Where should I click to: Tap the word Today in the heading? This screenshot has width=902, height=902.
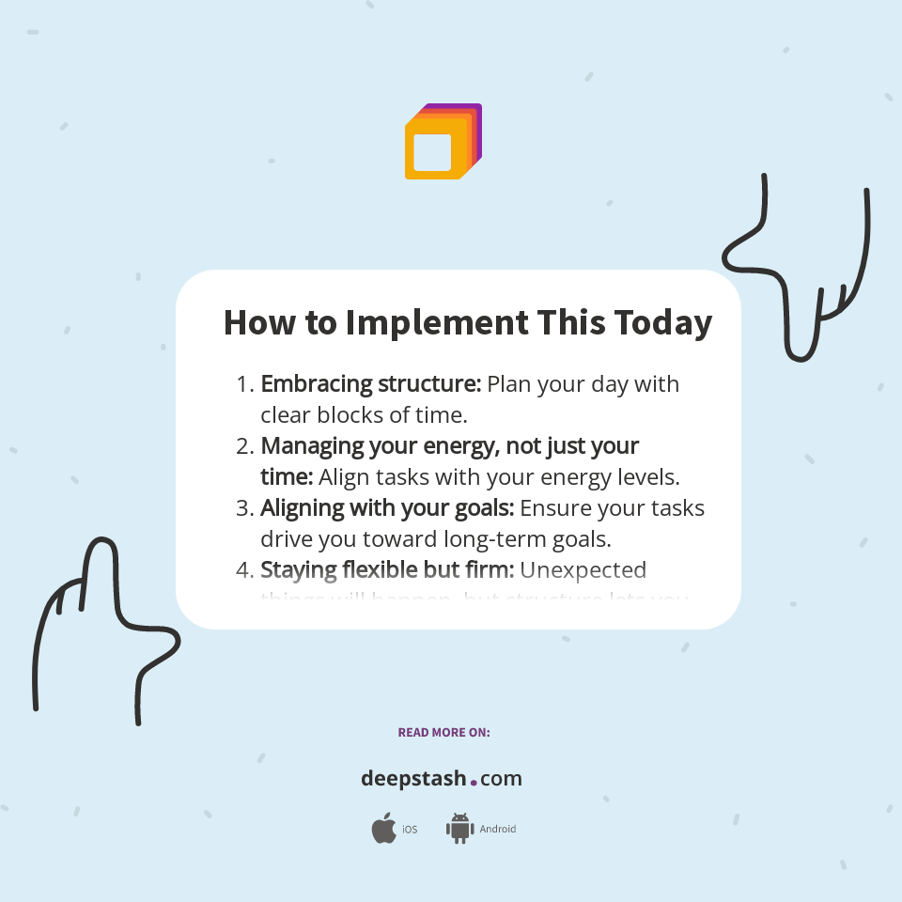[x=662, y=323]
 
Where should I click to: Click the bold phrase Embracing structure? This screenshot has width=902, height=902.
[x=371, y=384]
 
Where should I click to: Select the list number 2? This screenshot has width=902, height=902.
[x=243, y=446]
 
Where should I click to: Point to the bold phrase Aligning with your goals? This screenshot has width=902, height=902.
[x=387, y=508]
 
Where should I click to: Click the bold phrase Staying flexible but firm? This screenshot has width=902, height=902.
[x=387, y=570]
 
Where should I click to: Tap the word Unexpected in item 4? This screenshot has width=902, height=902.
[x=583, y=570]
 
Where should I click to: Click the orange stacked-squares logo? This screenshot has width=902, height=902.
[x=443, y=141]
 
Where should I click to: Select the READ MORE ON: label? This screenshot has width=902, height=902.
[x=443, y=732]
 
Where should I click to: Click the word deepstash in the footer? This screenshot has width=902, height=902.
[x=413, y=779]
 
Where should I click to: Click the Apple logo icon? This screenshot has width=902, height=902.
[x=383, y=829]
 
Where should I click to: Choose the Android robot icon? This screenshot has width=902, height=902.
[x=459, y=829]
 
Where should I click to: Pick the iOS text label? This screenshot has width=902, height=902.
[x=410, y=830]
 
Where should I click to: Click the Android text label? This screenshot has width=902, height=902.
[x=497, y=830]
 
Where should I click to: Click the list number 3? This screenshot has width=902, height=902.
[x=243, y=508]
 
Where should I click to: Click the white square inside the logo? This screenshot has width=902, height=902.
[x=432, y=152]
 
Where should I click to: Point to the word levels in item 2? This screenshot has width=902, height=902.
[x=646, y=477]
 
